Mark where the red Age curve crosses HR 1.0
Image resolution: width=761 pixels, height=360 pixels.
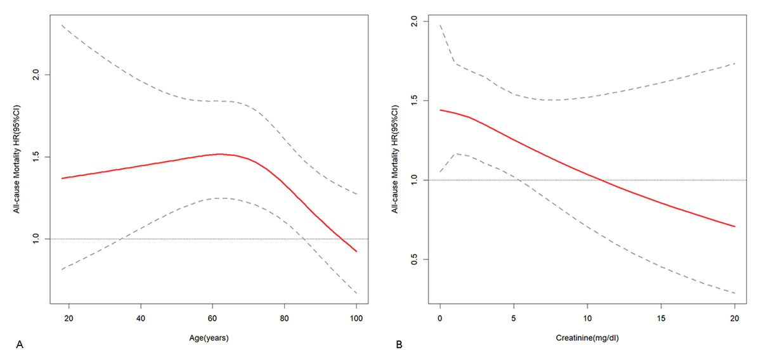pyautogui.click(x=342, y=239)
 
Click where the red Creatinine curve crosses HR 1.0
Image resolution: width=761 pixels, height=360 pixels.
pyautogui.click(x=599, y=180)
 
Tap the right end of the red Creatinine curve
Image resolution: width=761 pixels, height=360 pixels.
pyautogui.click(x=735, y=226)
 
